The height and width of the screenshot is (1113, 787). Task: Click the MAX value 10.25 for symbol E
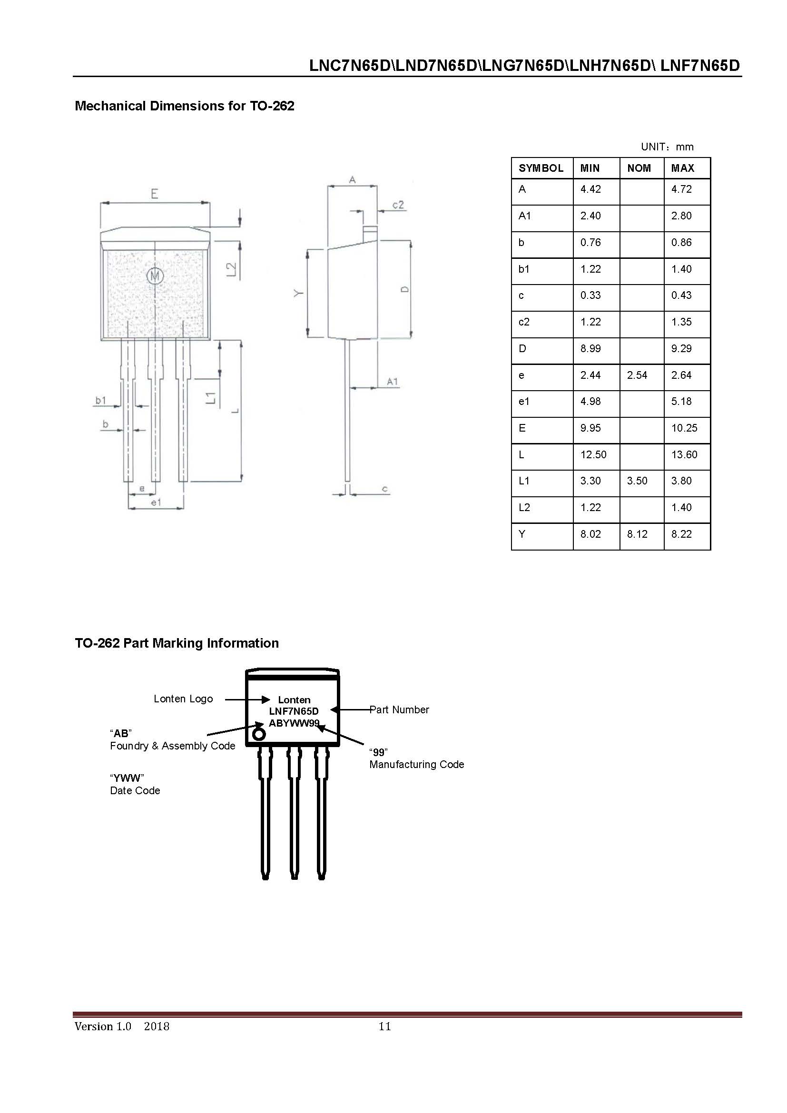pyautogui.click(x=684, y=428)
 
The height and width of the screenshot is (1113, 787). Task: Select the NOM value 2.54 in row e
pyautogui.click(x=637, y=375)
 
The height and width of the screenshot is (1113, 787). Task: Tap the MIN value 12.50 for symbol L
pyautogui.click(x=593, y=455)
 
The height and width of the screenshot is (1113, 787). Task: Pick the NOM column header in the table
pyautogui.click(x=639, y=168)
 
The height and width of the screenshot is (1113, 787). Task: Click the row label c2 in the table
pyautogui.click(x=524, y=322)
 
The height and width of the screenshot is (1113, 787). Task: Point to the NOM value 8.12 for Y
pyautogui.click(x=637, y=534)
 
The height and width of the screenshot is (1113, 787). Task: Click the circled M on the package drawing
pyautogui.click(x=155, y=276)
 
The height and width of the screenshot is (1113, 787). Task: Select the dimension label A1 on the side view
pyautogui.click(x=392, y=382)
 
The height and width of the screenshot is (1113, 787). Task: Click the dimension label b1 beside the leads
pyautogui.click(x=100, y=400)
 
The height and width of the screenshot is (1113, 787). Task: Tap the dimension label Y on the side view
pyautogui.click(x=299, y=293)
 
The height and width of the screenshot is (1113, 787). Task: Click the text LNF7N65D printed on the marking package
pyautogui.click(x=294, y=711)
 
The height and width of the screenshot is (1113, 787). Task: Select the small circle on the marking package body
pyautogui.click(x=259, y=734)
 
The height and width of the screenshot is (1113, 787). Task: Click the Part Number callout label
pyautogui.click(x=399, y=709)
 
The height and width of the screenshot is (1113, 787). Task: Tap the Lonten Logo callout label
pyautogui.click(x=183, y=699)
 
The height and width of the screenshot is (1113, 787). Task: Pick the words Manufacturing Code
pyautogui.click(x=416, y=765)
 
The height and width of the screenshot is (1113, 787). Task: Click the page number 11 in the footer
pyautogui.click(x=384, y=1026)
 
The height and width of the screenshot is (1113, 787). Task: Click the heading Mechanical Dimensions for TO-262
pyautogui.click(x=184, y=106)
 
